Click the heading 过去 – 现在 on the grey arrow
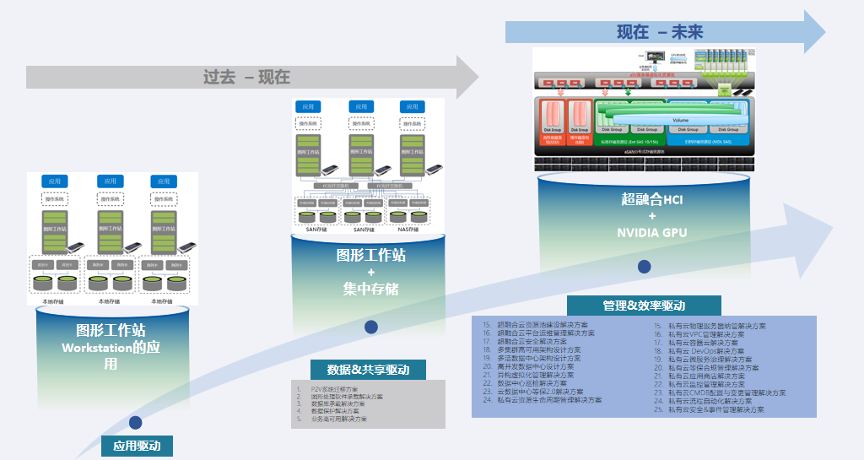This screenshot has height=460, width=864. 246,77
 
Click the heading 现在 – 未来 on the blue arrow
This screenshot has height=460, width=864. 659,32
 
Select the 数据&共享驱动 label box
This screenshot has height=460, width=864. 368,370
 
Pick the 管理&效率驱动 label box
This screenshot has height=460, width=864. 644,306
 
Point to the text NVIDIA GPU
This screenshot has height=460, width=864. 652,232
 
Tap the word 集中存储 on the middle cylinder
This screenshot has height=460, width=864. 370,290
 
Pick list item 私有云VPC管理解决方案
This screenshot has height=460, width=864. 707,334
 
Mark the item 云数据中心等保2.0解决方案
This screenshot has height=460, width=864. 540,392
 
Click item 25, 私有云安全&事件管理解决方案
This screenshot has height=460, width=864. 715,409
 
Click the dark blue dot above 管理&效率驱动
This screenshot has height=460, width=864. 645,267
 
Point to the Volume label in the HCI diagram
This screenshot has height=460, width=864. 680,121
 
